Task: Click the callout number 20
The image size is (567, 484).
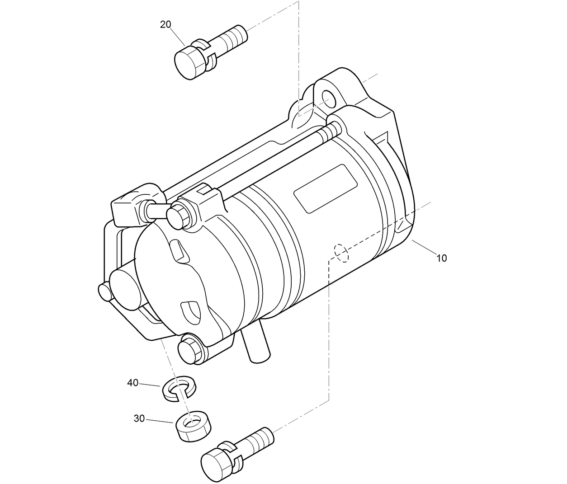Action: tap(165, 24)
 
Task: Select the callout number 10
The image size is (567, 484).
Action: tap(441, 258)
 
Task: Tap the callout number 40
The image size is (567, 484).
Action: tap(132, 383)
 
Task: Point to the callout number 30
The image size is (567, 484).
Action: tap(139, 418)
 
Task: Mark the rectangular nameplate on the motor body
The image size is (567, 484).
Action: tap(326, 188)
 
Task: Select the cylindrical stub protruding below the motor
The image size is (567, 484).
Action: tap(255, 346)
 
